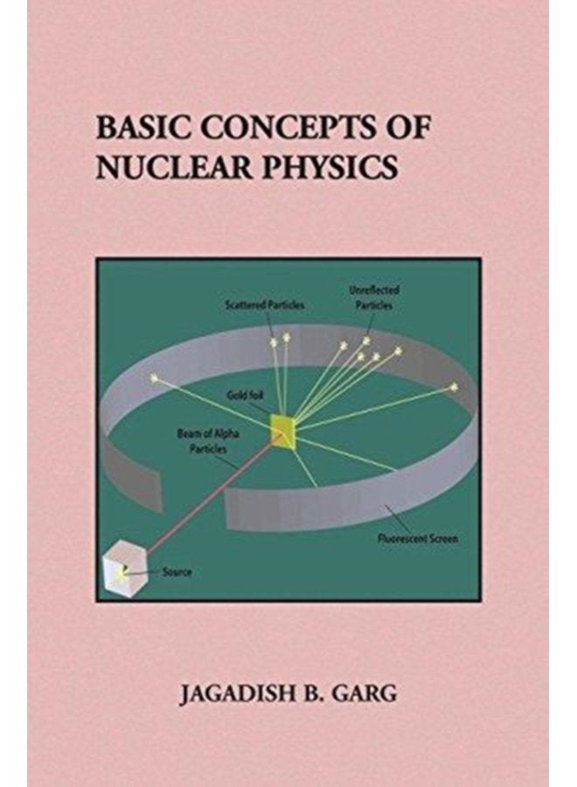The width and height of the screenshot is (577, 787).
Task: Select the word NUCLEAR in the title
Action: tap(174, 167)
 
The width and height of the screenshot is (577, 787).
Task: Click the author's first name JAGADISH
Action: tap(236, 694)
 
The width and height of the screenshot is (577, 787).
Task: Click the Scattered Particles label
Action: tap(264, 304)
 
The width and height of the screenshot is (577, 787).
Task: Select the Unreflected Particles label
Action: tap(374, 297)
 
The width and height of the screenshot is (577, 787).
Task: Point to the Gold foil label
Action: tap(246, 395)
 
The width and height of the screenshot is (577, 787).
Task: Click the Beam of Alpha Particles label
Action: tap(208, 442)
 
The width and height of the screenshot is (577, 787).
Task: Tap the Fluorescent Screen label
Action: tap(417, 539)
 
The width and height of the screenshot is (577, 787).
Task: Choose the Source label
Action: tap(177, 572)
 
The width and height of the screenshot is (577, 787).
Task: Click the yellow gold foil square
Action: tap(283, 430)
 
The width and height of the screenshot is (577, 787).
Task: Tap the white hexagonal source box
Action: tap(124, 568)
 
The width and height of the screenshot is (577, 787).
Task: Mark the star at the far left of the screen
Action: tap(154, 378)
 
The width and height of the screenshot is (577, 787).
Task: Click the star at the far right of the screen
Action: tap(454, 387)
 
